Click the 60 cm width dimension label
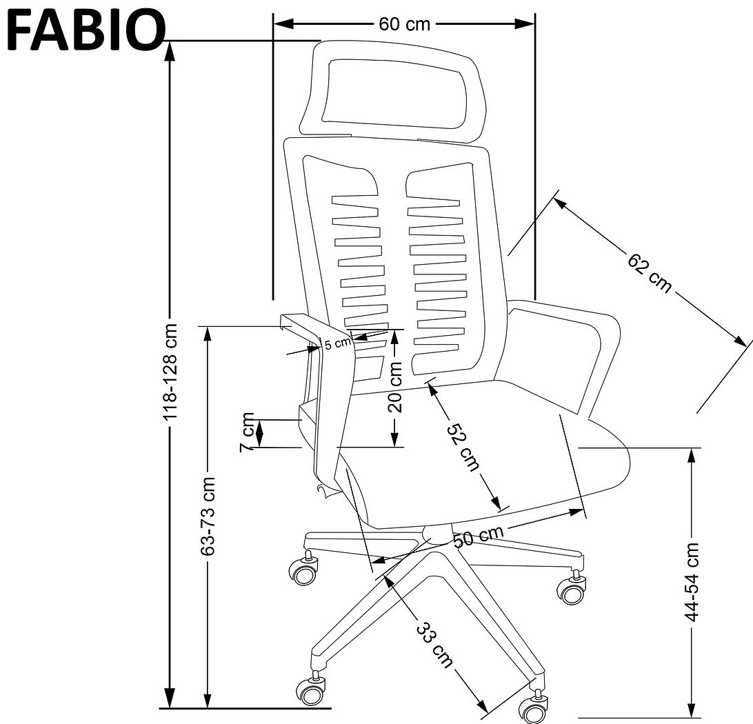click(x=404, y=24)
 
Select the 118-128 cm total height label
click(x=170, y=372)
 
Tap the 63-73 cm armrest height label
click(x=208, y=516)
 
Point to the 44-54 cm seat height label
click(x=692, y=582)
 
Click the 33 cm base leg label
click(x=434, y=645)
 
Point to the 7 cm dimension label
click(x=247, y=432)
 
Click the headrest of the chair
click(x=392, y=91)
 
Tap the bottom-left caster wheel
click(x=311, y=690)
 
